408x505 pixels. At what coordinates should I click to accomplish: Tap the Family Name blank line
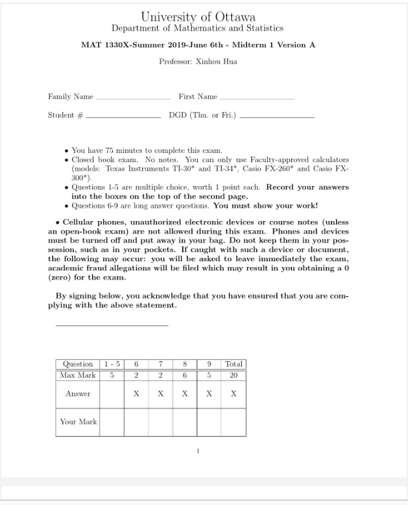[x=133, y=98]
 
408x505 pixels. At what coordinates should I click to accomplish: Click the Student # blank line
[x=123, y=117]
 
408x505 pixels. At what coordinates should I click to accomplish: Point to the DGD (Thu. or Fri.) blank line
[x=277, y=117]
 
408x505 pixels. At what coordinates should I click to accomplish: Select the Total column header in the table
[x=234, y=364]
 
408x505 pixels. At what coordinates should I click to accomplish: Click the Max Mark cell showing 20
[x=234, y=375]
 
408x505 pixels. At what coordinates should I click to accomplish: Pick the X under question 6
[x=136, y=393]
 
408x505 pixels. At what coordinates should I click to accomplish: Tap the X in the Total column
[x=234, y=393]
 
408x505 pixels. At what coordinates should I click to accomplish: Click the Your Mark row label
[x=78, y=422]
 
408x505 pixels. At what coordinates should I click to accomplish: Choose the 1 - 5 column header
[x=111, y=364]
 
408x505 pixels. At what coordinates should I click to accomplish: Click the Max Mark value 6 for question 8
[x=185, y=375]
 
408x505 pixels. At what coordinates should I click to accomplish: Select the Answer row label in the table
[x=78, y=393]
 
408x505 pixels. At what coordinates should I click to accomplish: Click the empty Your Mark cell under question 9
[x=209, y=422]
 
